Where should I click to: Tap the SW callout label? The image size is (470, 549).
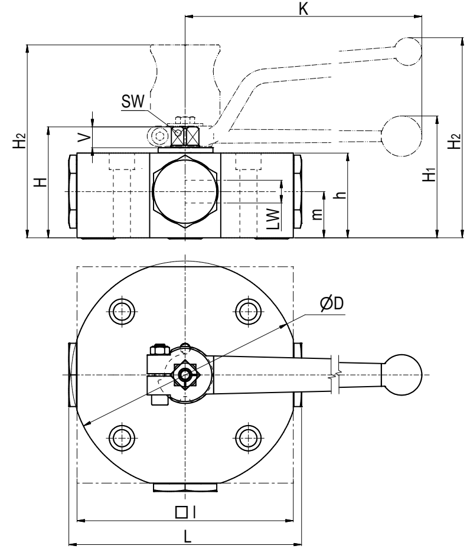coord(132,102)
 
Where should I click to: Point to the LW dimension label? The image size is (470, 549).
coord(273,218)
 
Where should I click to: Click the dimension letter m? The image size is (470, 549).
coord(318,215)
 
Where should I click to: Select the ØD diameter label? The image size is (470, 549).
coord(332,303)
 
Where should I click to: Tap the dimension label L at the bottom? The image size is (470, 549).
coord(187,536)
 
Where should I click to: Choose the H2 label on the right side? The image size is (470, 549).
coord(453,143)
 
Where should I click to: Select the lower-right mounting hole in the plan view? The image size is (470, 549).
coord(247,437)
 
